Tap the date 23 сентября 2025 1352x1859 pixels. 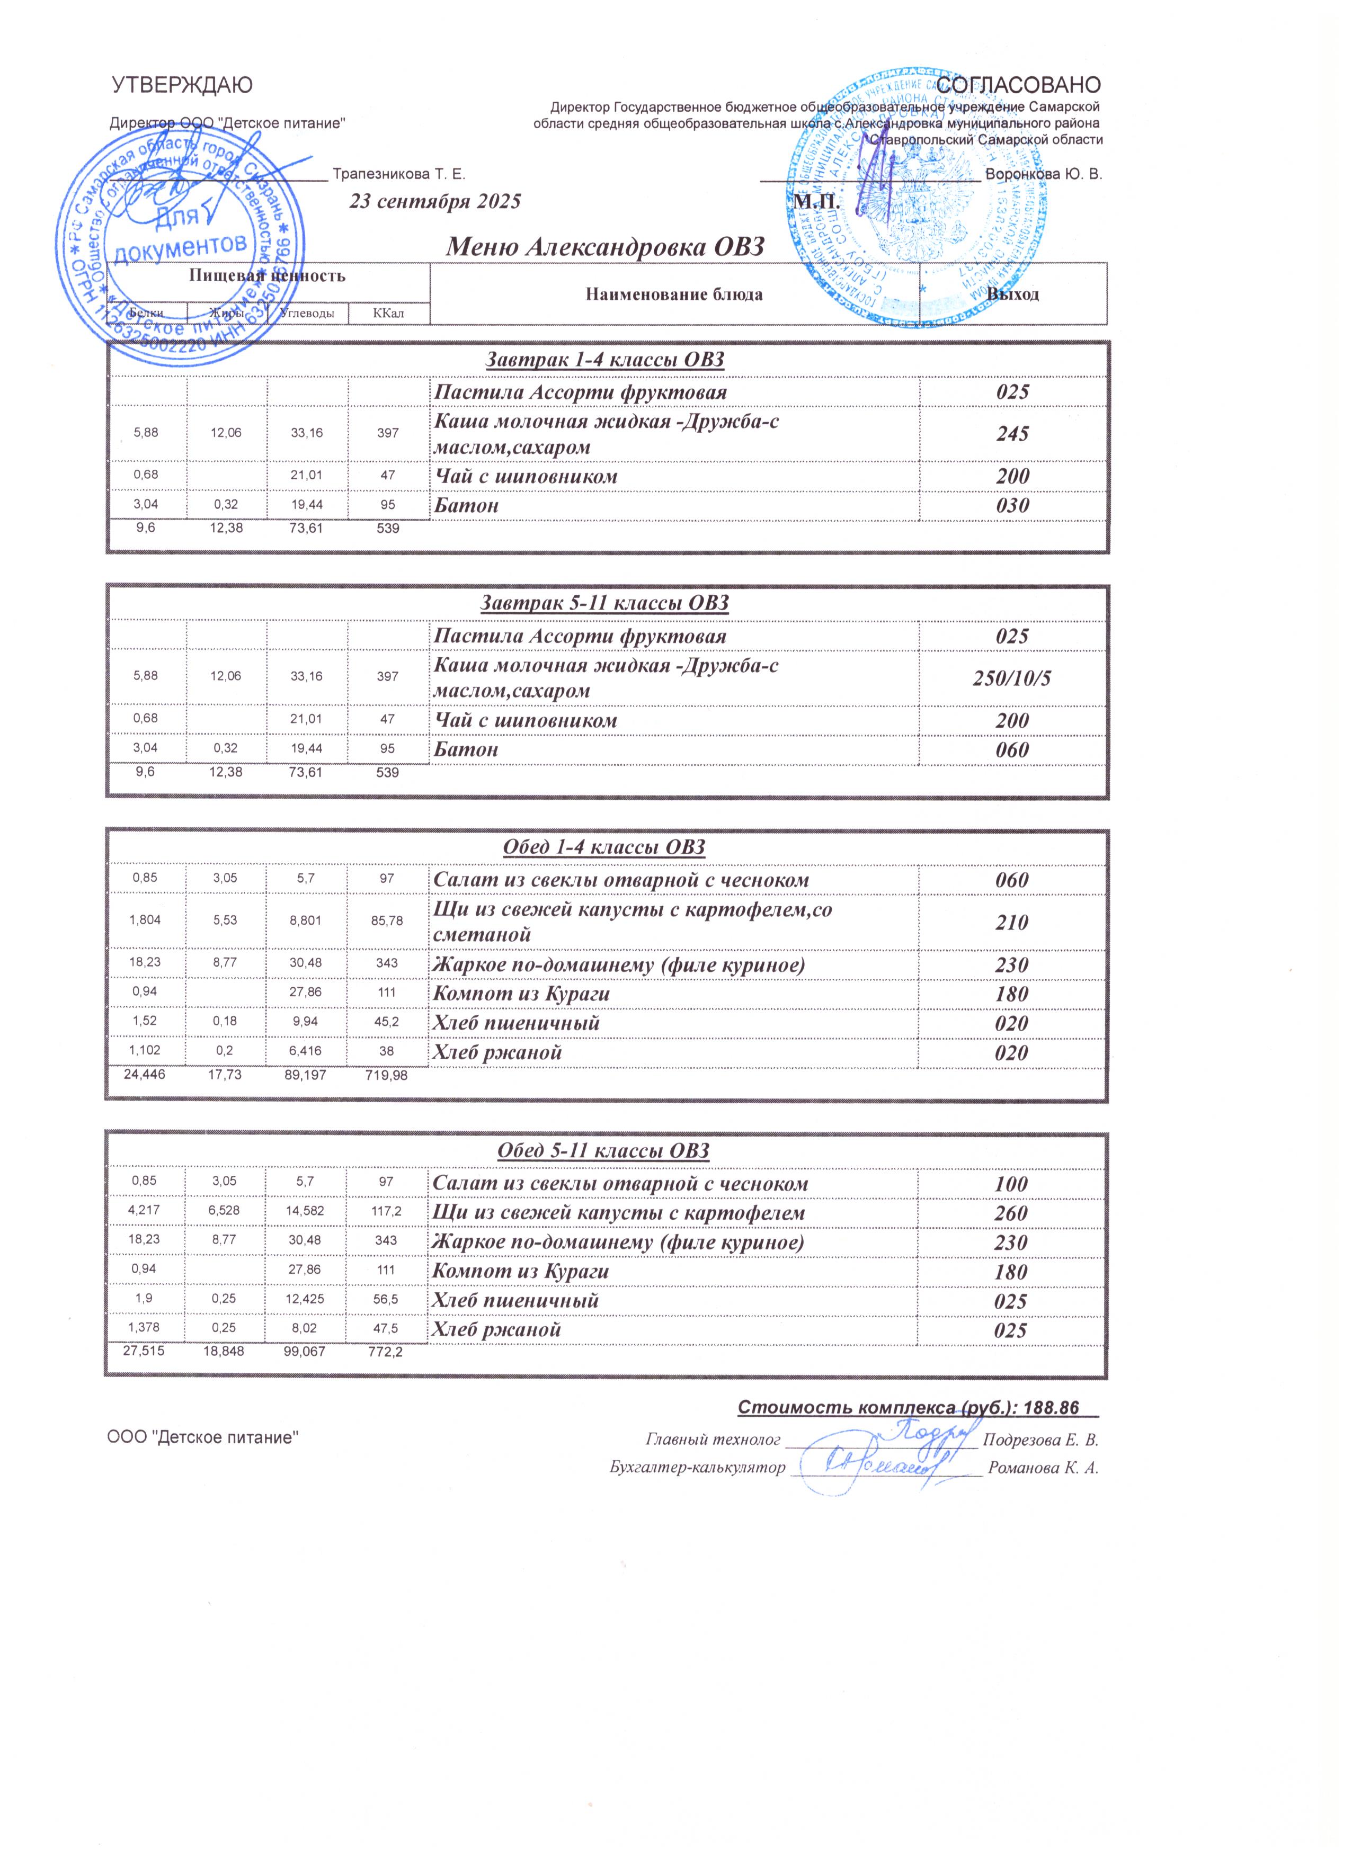click(x=435, y=202)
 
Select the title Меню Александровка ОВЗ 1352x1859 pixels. click(x=604, y=246)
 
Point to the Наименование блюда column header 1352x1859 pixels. click(x=674, y=294)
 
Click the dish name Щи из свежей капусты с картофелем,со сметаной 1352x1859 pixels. click(x=633, y=922)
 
